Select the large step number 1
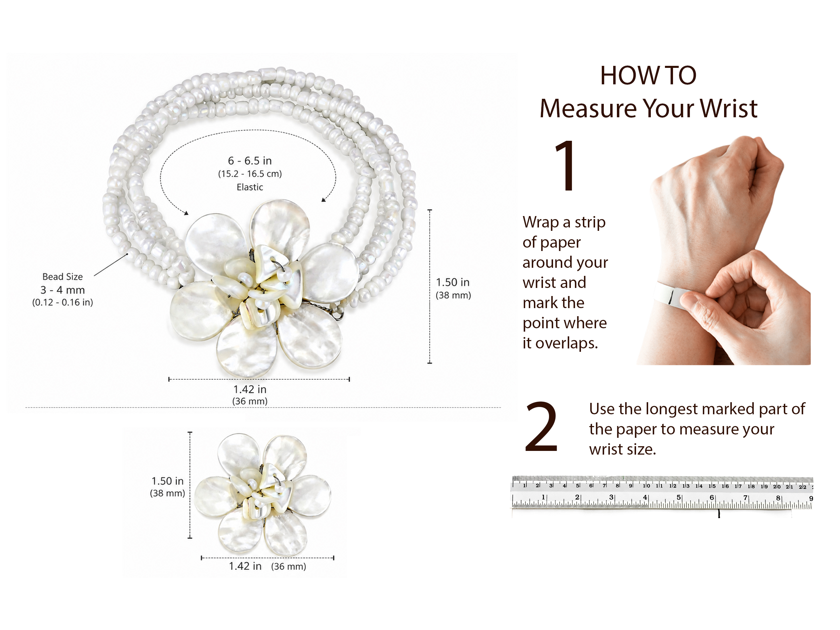point(566,166)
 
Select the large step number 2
point(542,427)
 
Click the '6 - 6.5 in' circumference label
point(250,161)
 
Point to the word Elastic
point(250,187)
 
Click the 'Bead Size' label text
point(62,277)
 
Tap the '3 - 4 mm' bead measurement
point(62,290)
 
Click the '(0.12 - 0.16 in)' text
point(62,302)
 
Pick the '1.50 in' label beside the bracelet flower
point(453,282)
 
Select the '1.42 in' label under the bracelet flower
point(250,389)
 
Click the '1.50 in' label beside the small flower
point(167,481)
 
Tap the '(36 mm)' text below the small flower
point(289,566)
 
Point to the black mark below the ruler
point(719,514)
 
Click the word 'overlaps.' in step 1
point(566,343)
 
